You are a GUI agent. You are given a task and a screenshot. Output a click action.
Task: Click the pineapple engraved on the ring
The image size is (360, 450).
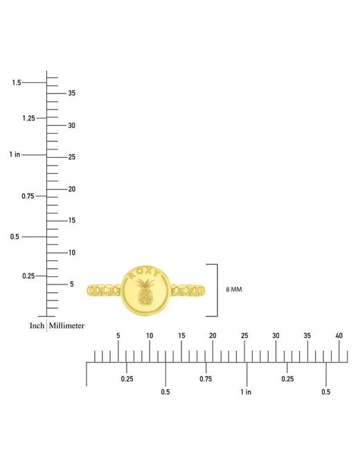[145, 292]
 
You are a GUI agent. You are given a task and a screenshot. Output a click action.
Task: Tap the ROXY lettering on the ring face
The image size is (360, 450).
[143, 272]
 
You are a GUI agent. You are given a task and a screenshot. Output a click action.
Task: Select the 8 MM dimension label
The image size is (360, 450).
[234, 289]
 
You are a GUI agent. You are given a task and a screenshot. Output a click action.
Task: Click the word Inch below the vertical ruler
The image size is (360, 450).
[37, 326]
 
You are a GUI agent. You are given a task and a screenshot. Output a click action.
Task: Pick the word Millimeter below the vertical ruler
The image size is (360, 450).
[66, 326]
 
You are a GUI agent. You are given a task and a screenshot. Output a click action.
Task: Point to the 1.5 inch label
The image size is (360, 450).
[17, 82]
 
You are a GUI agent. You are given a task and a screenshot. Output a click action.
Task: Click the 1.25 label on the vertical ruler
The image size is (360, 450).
[28, 118]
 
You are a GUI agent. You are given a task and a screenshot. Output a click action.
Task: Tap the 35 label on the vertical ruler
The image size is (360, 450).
[72, 93]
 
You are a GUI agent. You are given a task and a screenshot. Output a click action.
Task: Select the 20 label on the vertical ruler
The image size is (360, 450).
[72, 189]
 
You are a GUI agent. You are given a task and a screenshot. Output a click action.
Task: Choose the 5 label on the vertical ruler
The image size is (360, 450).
[72, 284]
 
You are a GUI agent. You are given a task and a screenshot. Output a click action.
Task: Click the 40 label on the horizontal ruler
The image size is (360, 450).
[339, 336]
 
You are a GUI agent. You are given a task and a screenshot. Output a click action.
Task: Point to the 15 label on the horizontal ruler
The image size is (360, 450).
[181, 336]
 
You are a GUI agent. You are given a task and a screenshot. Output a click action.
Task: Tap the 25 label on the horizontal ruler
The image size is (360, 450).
[244, 336]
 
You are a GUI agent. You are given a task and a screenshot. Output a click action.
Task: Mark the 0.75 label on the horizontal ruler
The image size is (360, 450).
[206, 379]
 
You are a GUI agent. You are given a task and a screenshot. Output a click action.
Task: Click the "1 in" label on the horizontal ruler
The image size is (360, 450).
[246, 392]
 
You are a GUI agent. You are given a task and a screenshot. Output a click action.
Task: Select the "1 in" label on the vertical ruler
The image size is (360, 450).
[15, 154]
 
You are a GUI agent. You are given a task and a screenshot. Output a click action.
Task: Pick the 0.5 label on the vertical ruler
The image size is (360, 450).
[15, 237]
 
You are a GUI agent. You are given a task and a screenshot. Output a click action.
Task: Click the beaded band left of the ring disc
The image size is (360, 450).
[104, 290]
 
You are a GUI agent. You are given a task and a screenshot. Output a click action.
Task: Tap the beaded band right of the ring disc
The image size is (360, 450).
[188, 290]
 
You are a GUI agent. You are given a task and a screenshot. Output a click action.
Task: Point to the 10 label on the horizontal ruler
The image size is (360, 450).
[150, 336]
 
